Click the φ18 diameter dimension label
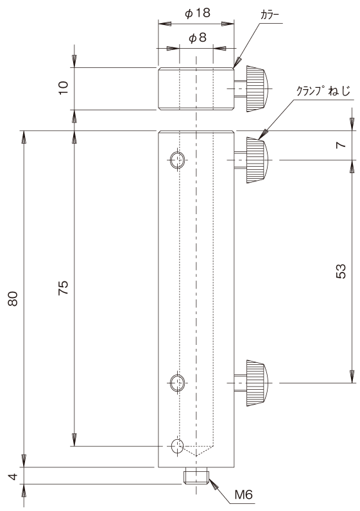(198, 13)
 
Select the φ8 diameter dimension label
(198, 38)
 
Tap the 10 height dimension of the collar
(64, 88)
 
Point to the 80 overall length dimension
(13, 299)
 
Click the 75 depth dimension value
(64, 287)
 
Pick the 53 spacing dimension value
(341, 271)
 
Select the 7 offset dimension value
(341, 145)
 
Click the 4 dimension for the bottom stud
(13, 477)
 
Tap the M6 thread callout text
(244, 495)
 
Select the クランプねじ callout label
(323, 90)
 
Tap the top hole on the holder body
(178, 160)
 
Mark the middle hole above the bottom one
(178, 383)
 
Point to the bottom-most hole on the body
(178, 446)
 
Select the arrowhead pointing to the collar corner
(237, 62)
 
